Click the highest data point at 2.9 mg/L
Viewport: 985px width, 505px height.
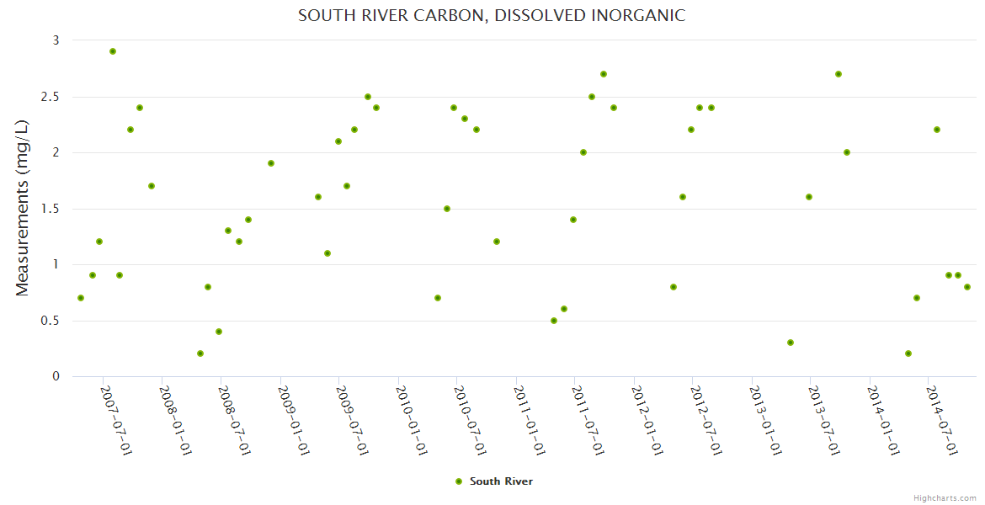click(113, 51)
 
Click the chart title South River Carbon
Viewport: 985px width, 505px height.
click(492, 15)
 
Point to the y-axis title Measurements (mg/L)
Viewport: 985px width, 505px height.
click(23, 207)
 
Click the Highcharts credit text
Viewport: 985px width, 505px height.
click(945, 497)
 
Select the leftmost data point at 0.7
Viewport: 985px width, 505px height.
click(81, 298)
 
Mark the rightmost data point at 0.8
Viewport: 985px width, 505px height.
click(967, 287)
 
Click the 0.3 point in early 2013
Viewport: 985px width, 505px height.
click(791, 343)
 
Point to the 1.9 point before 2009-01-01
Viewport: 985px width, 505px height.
click(271, 163)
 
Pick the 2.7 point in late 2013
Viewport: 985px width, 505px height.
click(839, 74)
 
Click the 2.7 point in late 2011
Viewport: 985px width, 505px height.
click(604, 74)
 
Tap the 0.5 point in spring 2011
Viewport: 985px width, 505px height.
click(554, 321)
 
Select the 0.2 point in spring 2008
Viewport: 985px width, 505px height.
click(200, 353)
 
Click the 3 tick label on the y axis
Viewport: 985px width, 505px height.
click(56, 40)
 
